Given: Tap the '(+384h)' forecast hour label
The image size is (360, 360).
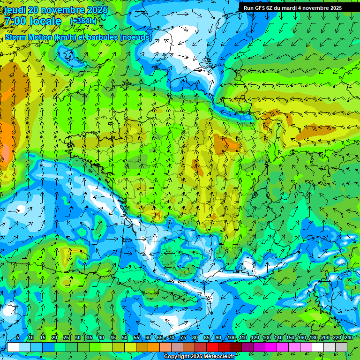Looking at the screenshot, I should click(x=83, y=21).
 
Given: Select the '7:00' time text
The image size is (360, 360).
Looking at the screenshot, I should click(x=15, y=21).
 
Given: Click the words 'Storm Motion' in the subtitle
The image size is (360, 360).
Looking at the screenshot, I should click(x=29, y=37).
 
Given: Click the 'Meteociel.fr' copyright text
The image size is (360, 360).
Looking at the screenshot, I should click(x=216, y=357).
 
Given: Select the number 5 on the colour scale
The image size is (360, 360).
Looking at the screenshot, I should click(x=18, y=338).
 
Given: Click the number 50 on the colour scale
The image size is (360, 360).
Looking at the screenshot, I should click(x=125, y=338).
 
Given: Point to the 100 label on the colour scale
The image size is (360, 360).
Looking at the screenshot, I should click(x=231, y=338).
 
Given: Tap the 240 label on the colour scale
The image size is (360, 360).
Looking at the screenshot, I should click(x=349, y=338).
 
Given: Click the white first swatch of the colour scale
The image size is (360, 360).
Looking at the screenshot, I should click(x=13, y=347).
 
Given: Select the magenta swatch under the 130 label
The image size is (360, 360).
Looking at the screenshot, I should click(x=271, y=347).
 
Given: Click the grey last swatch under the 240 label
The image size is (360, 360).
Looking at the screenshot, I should click(x=341, y=347).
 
